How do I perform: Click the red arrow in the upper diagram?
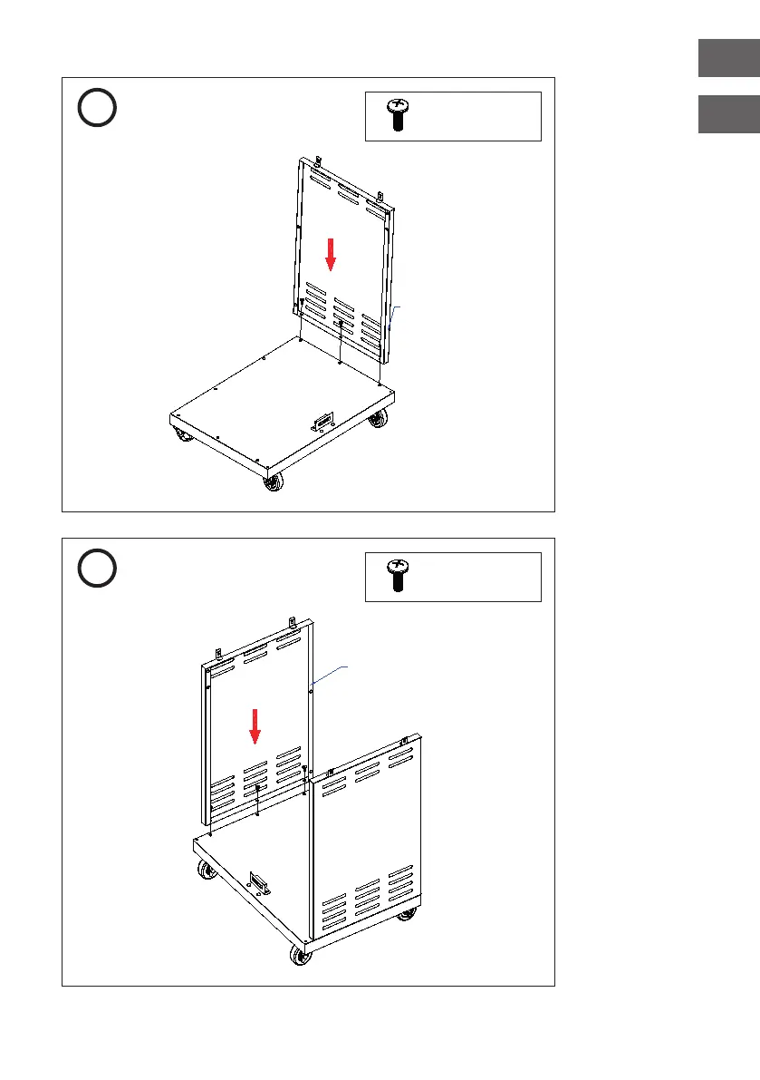pyautogui.click(x=331, y=253)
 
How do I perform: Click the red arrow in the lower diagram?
pyautogui.click(x=255, y=725)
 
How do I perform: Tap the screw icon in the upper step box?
pyautogui.click(x=396, y=116)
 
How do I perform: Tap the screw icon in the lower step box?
pyautogui.click(x=396, y=576)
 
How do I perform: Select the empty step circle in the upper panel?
pyautogui.click(x=96, y=108)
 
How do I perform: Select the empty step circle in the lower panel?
pyautogui.click(x=96, y=569)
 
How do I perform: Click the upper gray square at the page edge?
pyautogui.click(x=728, y=59)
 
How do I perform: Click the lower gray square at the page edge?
pyautogui.click(x=728, y=114)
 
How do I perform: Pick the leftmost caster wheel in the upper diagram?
pyautogui.click(x=184, y=437)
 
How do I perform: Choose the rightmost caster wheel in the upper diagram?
pyautogui.click(x=377, y=419)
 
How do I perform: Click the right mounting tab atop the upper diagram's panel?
pyautogui.click(x=381, y=195)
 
